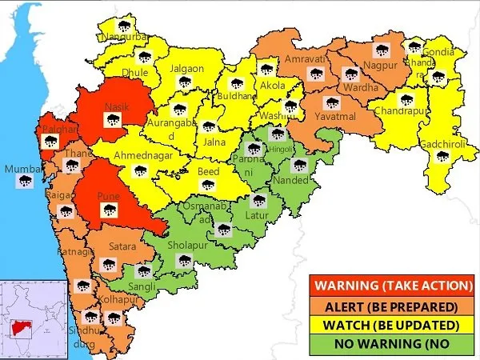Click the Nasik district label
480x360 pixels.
coord(116,105)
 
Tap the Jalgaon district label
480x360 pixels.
coord(186,69)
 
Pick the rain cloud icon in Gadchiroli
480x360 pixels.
coord(441,157)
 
